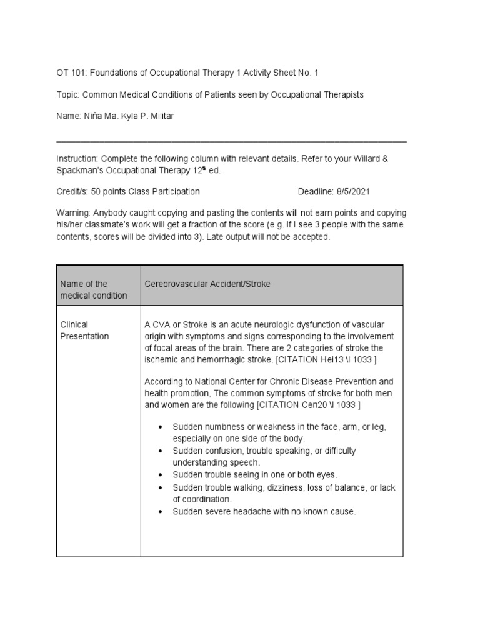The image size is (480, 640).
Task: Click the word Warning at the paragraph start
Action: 73,212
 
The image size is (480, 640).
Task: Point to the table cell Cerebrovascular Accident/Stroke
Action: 207,284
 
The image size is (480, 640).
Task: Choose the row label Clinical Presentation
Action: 84,331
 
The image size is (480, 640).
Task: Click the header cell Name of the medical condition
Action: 93,289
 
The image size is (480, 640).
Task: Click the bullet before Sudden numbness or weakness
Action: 161,427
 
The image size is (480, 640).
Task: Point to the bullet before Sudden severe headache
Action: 161,512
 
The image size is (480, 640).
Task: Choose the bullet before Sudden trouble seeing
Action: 161,475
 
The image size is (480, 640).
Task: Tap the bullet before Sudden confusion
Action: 161,451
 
